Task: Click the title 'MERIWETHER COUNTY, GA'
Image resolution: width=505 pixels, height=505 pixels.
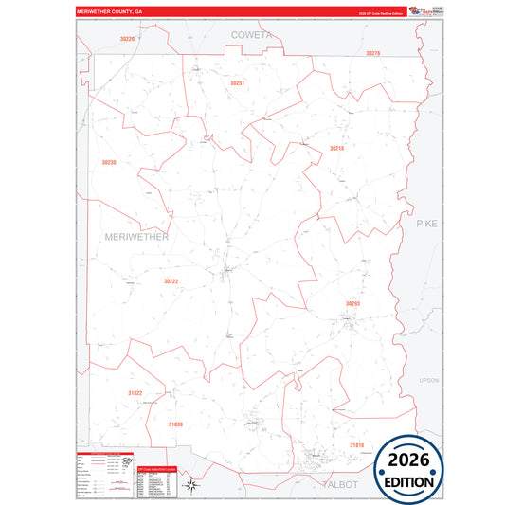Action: [111, 13]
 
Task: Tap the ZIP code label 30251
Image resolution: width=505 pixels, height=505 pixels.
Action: [237, 83]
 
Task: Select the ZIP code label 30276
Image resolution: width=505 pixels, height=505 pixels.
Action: [372, 54]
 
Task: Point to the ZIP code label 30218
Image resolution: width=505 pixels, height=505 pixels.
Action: [336, 149]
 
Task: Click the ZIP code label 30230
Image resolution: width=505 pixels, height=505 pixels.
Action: [109, 162]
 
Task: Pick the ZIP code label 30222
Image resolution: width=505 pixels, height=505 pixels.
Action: [171, 281]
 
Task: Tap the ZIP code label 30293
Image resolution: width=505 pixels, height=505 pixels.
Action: [352, 303]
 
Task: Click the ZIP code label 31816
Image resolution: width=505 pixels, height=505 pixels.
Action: [356, 444]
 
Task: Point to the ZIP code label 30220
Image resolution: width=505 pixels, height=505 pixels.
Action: [127, 38]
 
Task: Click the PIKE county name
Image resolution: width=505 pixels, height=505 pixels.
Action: [427, 223]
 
